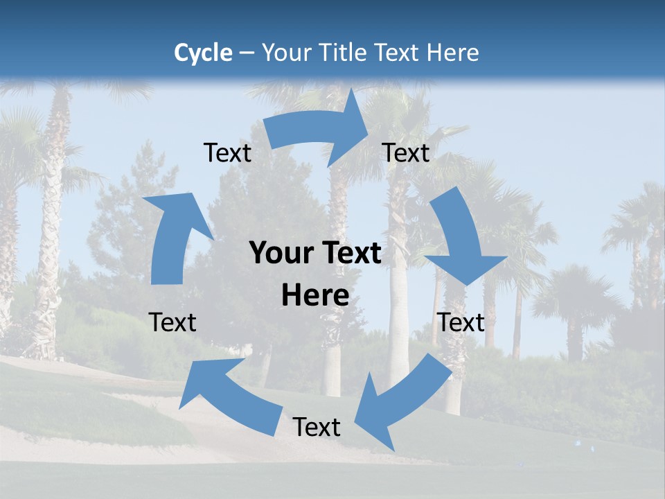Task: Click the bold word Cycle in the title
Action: [203, 53]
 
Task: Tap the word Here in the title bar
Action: [453, 53]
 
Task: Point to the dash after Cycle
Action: [247, 53]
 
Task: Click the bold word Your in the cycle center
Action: [281, 254]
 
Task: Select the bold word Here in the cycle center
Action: [315, 296]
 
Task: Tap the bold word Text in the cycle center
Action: [349, 254]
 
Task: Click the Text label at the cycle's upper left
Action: [227, 152]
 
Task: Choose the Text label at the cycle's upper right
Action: [406, 152]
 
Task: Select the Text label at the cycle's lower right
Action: [461, 322]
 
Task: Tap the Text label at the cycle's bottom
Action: [317, 428]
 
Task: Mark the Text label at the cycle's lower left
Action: [172, 322]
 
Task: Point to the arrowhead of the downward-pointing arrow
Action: [466, 268]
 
